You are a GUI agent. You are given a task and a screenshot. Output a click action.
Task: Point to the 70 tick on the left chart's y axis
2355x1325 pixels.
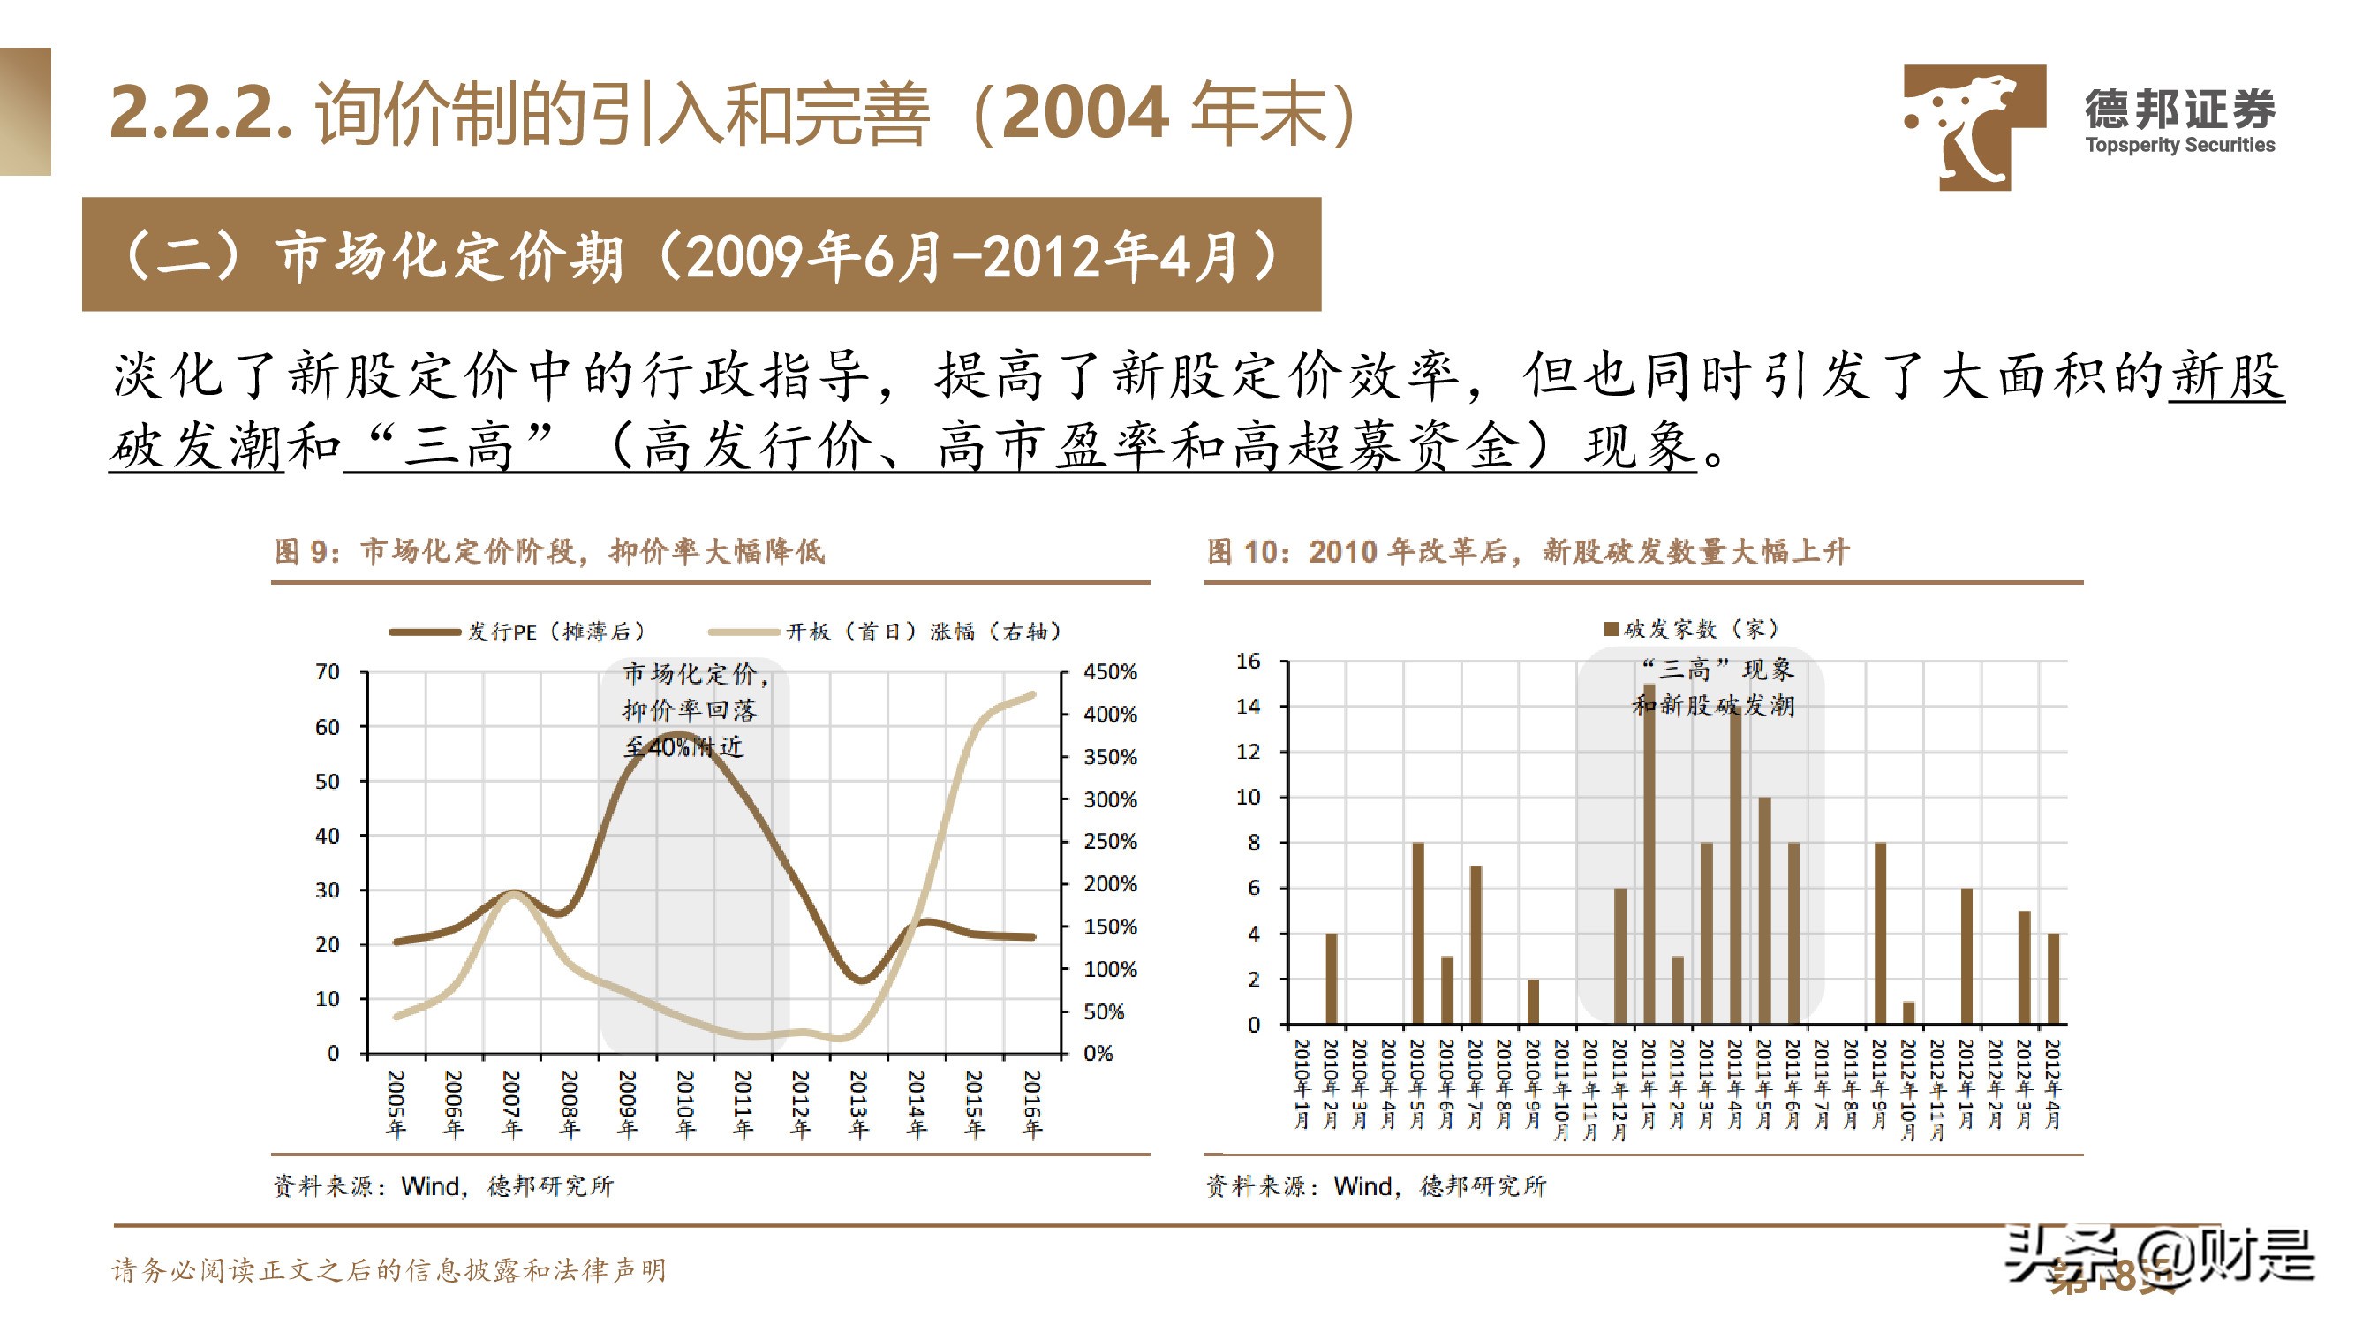tap(328, 672)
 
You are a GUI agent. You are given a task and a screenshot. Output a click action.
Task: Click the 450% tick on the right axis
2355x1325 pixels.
tap(1109, 672)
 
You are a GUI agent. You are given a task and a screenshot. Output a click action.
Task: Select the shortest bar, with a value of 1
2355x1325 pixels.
tap(1908, 1012)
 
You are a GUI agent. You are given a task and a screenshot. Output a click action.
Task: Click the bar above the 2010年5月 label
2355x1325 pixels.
tap(1417, 933)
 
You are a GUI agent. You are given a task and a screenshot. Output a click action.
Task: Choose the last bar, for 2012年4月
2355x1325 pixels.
tap(2052, 978)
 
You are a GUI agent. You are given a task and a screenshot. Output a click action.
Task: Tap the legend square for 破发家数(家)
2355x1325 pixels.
tap(1611, 629)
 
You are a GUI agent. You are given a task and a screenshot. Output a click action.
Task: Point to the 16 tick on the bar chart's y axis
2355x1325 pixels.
tap(1248, 661)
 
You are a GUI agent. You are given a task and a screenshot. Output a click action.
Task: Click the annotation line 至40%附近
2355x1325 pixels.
tap(683, 747)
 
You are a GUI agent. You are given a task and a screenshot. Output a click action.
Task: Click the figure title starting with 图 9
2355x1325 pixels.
tap(548, 551)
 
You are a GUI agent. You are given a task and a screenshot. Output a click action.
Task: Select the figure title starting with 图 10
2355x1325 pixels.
tap(1527, 551)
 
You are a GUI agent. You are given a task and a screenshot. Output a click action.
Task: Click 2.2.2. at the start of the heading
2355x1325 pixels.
tap(200, 112)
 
